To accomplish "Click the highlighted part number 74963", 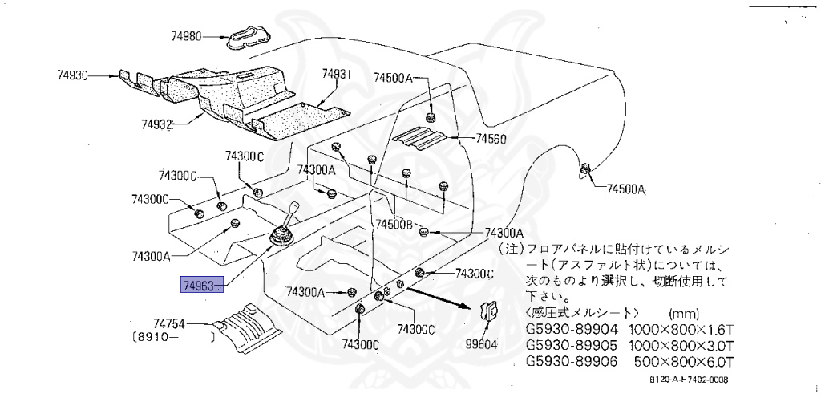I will tap(198, 284).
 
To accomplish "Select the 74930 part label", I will tap(71, 75).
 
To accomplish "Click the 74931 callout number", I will tap(338, 74).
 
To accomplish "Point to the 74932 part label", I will tap(157, 124).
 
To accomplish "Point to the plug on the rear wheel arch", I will tap(585, 169).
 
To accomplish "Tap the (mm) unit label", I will tap(682, 313).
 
